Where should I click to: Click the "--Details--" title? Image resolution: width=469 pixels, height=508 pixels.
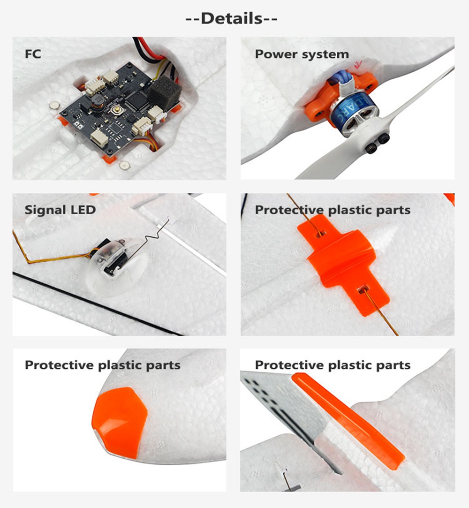pyautogui.click(x=232, y=19)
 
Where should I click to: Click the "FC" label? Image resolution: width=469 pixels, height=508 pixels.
pyautogui.click(x=33, y=54)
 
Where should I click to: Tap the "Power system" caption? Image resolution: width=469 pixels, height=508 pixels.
pyautogui.click(x=302, y=54)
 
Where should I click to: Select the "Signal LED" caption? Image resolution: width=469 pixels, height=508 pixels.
pyautogui.click(x=60, y=209)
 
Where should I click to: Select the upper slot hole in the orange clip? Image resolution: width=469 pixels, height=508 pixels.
pyautogui.click(x=320, y=231)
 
